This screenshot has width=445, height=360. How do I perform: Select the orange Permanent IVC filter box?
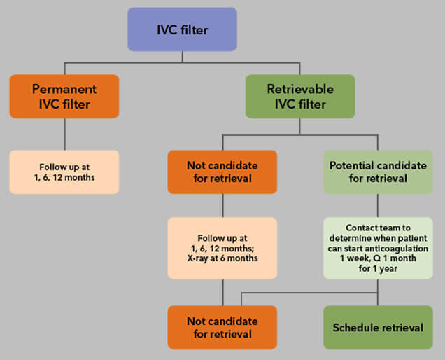(x=65, y=97)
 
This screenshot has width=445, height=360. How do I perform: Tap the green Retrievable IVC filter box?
(x=300, y=97)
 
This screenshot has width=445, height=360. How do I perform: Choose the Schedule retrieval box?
(x=378, y=328)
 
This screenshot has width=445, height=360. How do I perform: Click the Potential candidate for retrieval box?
(x=378, y=172)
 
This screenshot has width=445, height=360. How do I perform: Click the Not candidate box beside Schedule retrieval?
(x=222, y=328)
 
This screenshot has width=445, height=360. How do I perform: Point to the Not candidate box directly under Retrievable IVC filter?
(x=222, y=172)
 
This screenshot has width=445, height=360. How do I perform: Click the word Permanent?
(x=65, y=89)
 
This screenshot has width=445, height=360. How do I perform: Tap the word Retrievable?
(x=300, y=89)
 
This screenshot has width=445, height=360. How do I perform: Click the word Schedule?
(x=355, y=328)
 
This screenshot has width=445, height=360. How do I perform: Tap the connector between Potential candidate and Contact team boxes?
(x=378, y=205)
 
